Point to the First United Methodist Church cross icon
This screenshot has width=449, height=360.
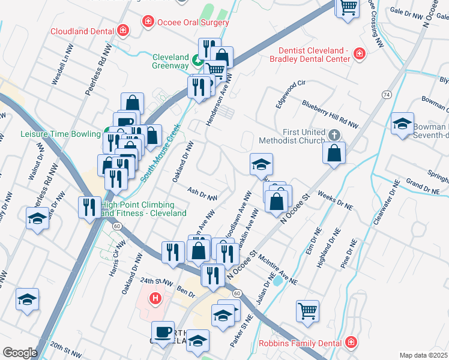click(x=335, y=134)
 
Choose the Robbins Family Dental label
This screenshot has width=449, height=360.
click(x=300, y=343)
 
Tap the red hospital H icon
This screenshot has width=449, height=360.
click(x=156, y=297)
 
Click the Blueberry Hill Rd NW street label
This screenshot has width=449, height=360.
click(x=330, y=114)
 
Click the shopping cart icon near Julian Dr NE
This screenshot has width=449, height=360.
click(x=307, y=311)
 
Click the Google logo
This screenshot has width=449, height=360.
click(x=19, y=353)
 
